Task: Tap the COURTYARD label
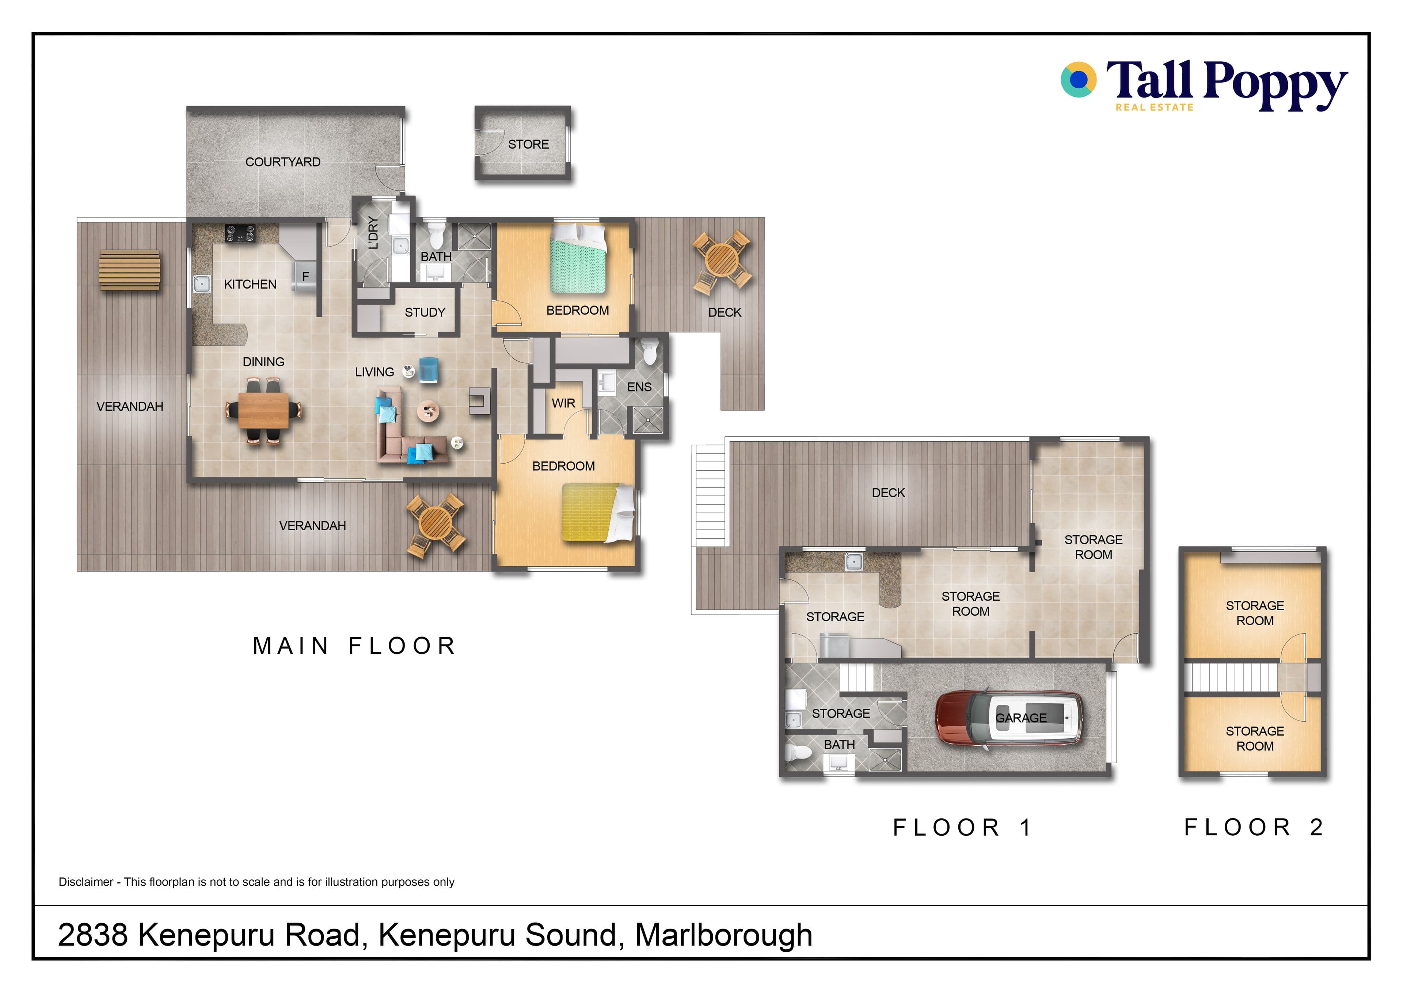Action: pyautogui.click(x=283, y=162)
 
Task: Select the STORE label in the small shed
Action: pyautogui.click(x=529, y=144)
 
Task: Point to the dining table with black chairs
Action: pyautogui.click(x=263, y=410)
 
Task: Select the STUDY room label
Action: pyautogui.click(x=425, y=312)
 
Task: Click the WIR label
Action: pyautogui.click(x=563, y=403)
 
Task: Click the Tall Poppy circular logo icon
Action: pyautogui.click(x=1079, y=79)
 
